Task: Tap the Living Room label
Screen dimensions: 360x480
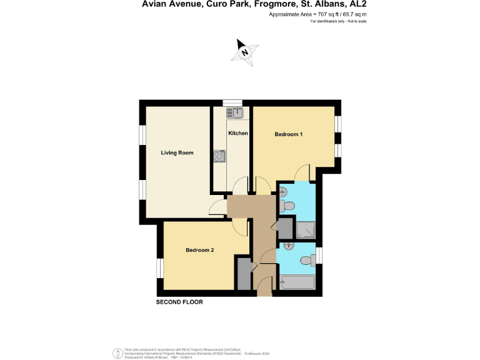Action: coord(177,153)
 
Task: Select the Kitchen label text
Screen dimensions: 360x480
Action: coord(238,134)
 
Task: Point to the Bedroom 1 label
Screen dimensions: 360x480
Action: coord(289,135)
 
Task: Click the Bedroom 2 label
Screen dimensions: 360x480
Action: coord(200,251)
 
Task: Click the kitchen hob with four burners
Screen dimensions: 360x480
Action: coord(219,157)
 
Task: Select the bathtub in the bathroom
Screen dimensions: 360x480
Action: coord(297,283)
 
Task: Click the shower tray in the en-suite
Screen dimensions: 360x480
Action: coord(306,231)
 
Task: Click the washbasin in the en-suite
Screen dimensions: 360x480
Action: coord(282,192)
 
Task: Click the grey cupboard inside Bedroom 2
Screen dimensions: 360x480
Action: coord(243,272)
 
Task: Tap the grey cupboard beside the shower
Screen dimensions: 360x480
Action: coord(284,229)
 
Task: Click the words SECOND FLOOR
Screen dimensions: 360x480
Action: coord(179,302)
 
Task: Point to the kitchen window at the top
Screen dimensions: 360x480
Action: coord(232,103)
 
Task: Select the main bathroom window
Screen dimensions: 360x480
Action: coord(319,256)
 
